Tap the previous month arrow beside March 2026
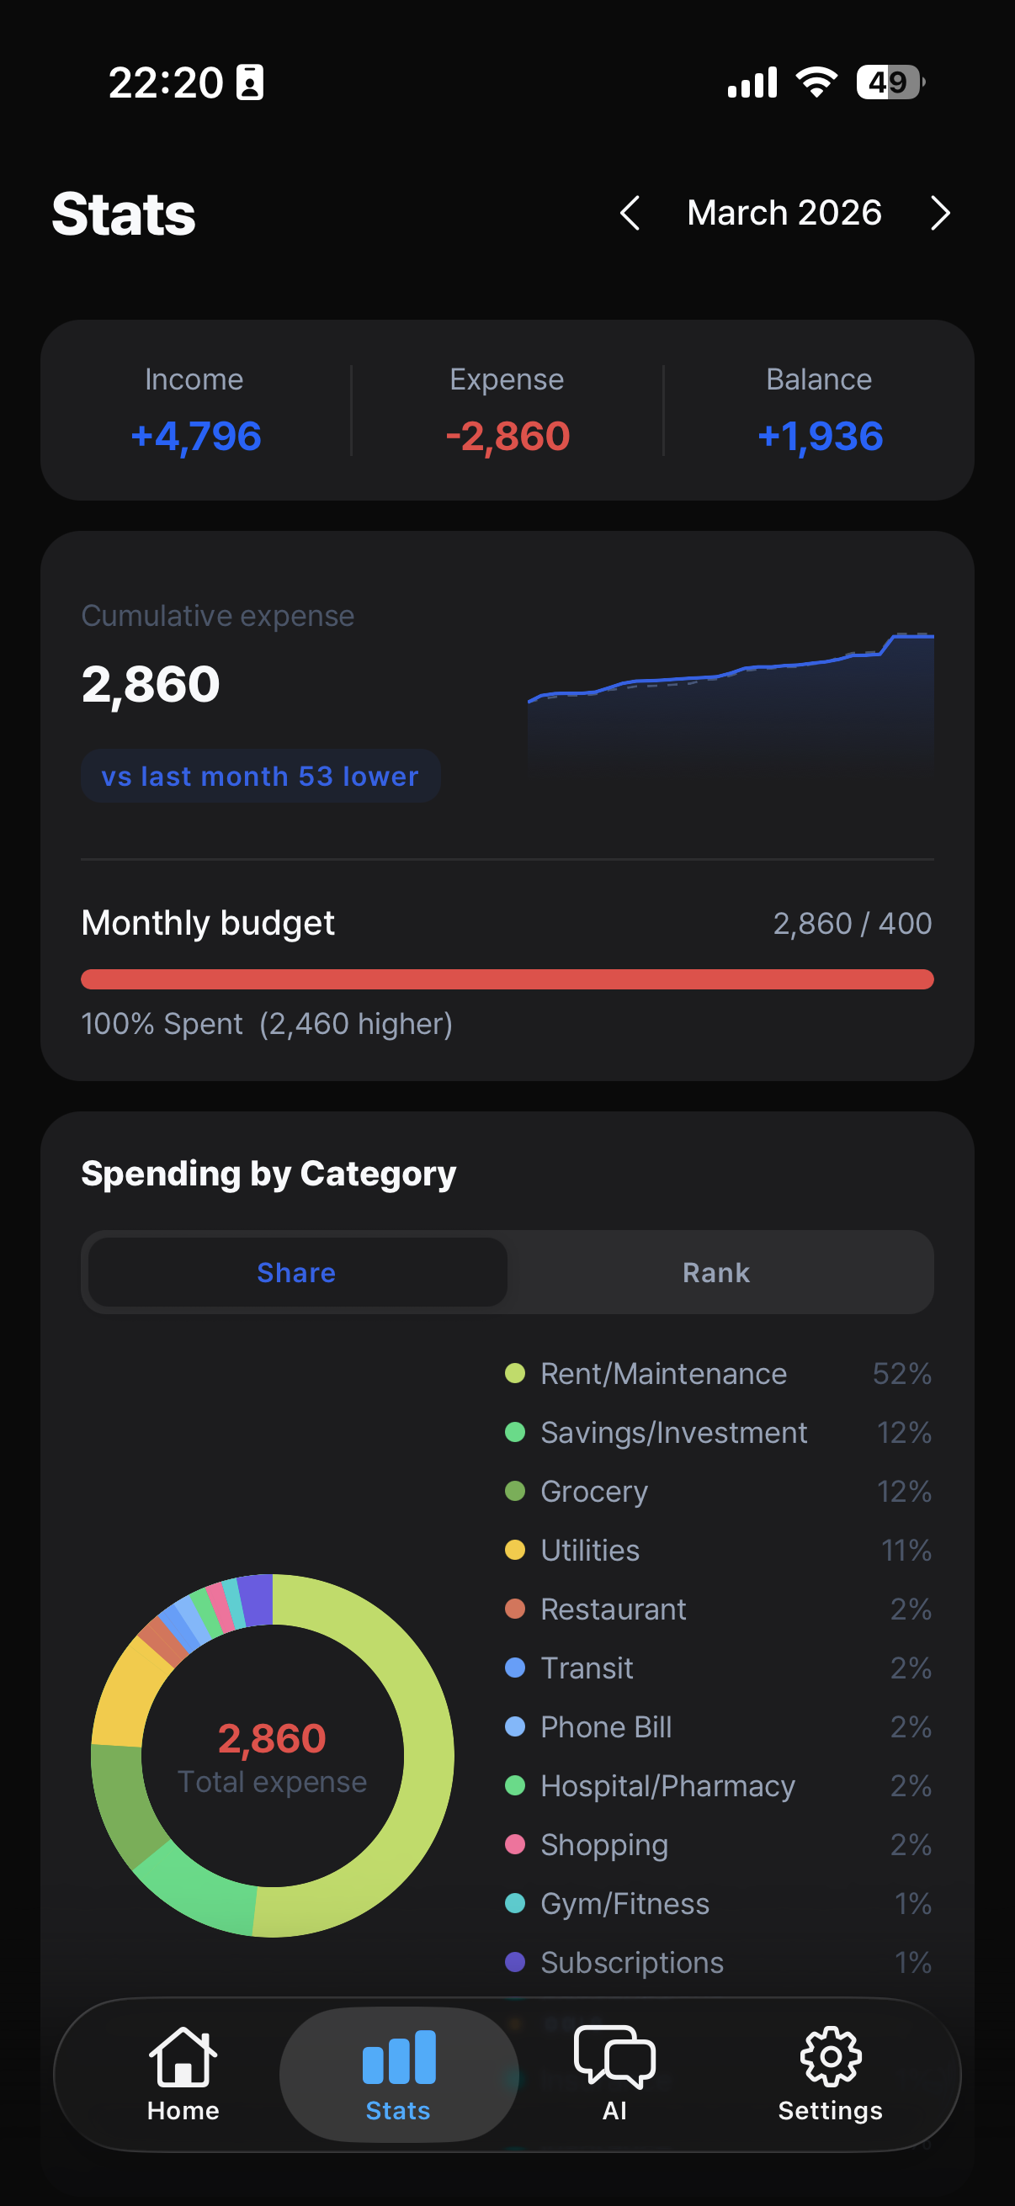coord(630,213)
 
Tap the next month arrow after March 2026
coord(940,213)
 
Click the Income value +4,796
coord(195,436)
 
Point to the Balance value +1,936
coord(820,436)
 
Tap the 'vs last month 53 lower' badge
coord(260,776)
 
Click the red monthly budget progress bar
coord(507,978)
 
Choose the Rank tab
coord(716,1273)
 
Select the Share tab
coord(296,1273)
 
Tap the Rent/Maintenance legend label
coord(664,1374)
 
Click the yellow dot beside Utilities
coord(515,1550)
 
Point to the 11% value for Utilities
coord(906,1550)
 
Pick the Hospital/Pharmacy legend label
coord(668,1785)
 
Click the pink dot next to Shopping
coord(515,1844)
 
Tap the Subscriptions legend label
coord(632,1962)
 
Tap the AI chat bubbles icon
coord(615,2056)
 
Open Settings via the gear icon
coord(830,2056)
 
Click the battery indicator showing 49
coord(890,82)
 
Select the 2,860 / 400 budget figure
coord(853,923)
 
